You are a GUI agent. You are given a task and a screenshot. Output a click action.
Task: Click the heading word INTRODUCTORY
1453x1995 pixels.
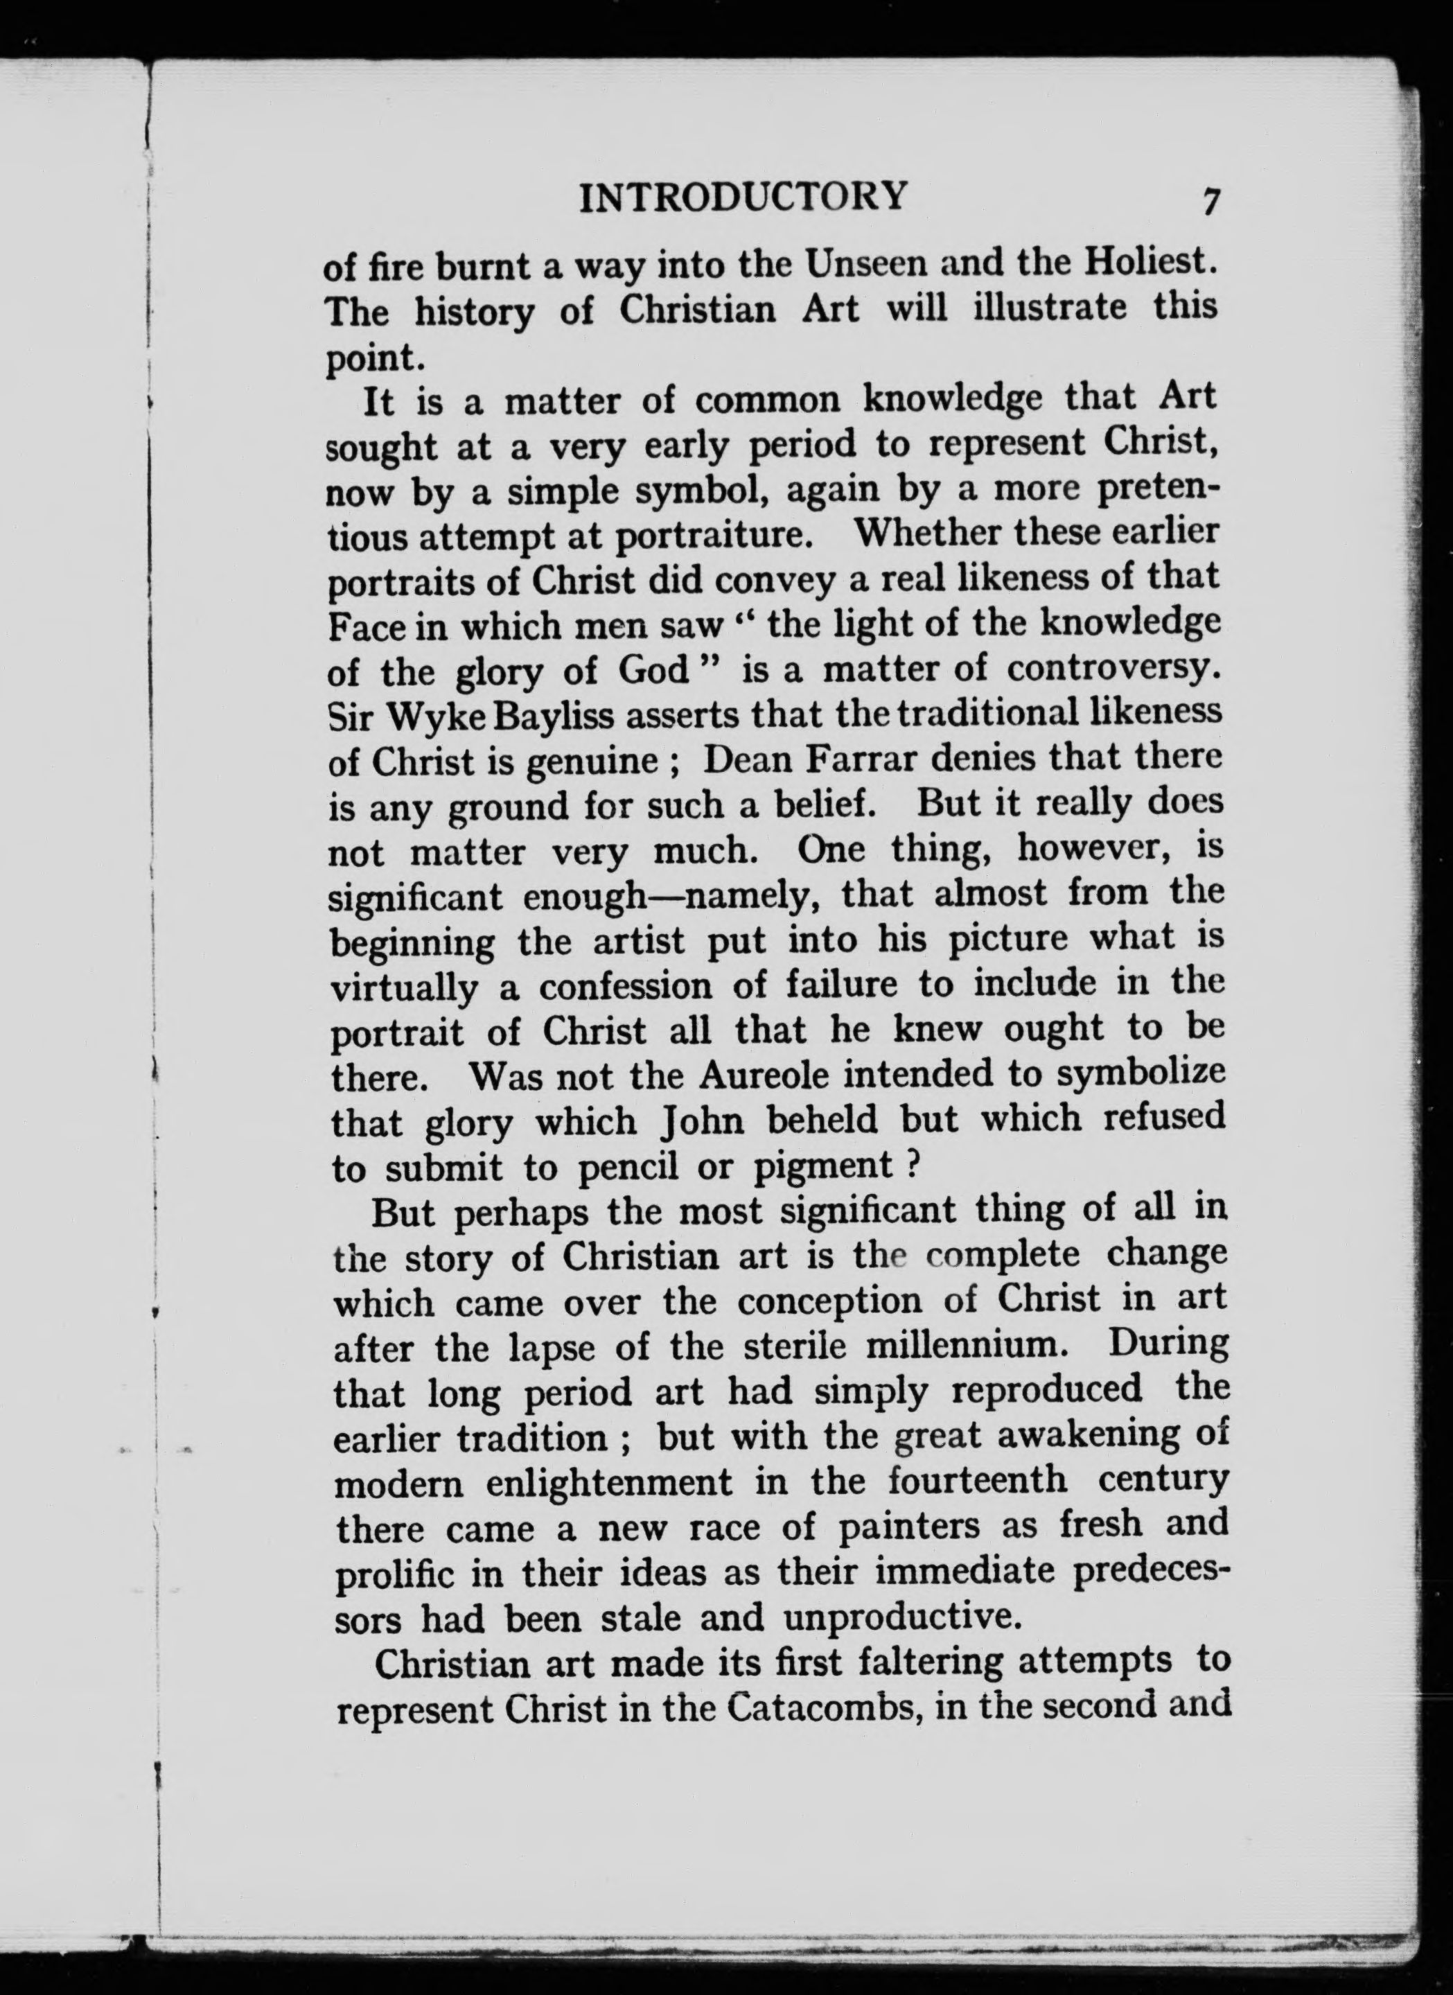point(742,196)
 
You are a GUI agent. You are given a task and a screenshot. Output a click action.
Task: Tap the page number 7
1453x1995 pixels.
point(1211,202)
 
